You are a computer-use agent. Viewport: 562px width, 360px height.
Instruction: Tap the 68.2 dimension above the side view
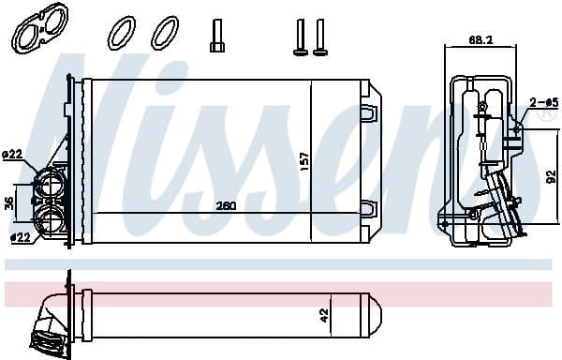point(481,41)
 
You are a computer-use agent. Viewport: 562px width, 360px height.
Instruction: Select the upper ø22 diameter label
point(12,154)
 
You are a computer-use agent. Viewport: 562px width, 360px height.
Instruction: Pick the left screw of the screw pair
point(301,35)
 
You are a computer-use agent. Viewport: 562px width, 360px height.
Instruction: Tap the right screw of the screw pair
point(321,35)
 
